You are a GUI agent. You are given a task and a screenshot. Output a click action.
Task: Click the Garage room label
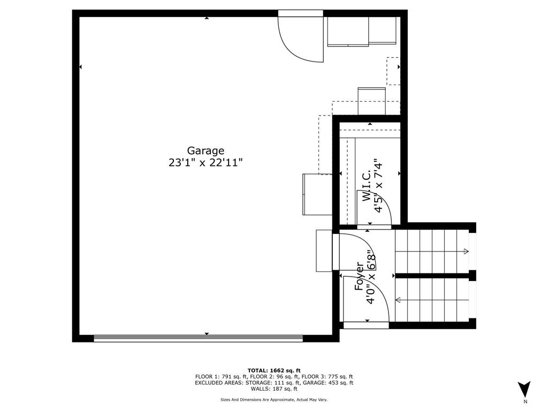[x=205, y=151]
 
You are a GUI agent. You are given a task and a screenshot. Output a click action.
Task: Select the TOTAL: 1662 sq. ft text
[x=274, y=370]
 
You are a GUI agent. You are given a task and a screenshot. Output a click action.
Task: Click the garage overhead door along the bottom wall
[x=198, y=338]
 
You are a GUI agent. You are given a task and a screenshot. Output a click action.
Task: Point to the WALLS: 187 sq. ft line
[x=274, y=389]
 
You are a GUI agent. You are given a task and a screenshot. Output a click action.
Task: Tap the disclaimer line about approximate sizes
[x=274, y=400]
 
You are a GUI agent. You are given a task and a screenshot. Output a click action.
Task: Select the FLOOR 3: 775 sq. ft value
[x=328, y=377]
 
